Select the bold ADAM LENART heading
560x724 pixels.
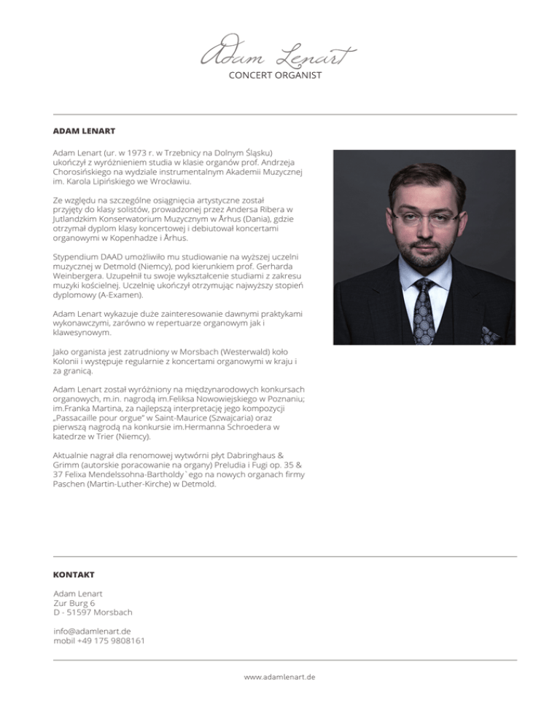pyautogui.click(x=85, y=132)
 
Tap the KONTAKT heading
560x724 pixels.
pyautogui.click(x=74, y=575)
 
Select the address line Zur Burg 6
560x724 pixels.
pyautogui.click(x=74, y=602)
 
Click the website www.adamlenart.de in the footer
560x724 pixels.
pyautogui.click(x=280, y=677)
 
